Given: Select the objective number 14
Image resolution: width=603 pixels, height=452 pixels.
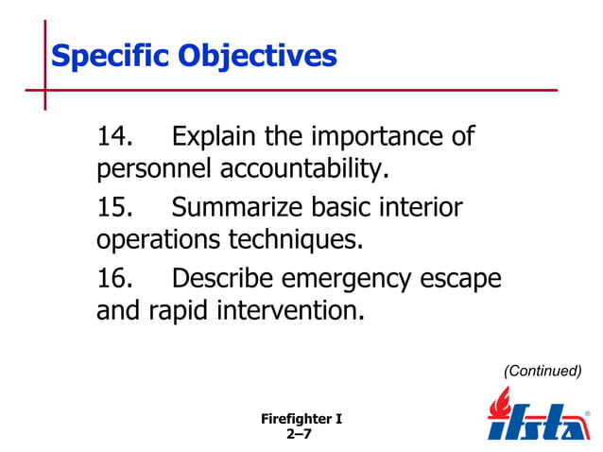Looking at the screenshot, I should (116, 137).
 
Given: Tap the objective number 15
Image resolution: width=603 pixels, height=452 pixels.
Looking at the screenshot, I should (116, 207).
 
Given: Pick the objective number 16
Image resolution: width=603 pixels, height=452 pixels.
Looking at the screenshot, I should (116, 278).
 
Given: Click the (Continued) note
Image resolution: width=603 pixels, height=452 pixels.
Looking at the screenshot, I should (542, 371).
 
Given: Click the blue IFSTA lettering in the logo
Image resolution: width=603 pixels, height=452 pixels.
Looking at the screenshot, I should (539, 424).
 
